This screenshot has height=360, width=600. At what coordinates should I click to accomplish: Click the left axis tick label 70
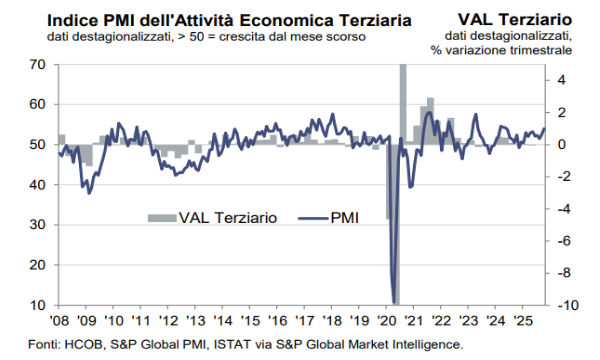click(x=38, y=64)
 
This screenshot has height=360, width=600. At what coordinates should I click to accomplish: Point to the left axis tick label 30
click(x=38, y=225)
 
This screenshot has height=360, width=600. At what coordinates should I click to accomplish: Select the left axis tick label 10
click(x=38, y=305)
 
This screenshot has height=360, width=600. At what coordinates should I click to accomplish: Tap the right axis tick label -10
click(x=565, y=305)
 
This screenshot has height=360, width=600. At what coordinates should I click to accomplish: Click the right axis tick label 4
click(x=562, y=80)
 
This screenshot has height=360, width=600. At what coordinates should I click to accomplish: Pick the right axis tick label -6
click(x=563, y=241)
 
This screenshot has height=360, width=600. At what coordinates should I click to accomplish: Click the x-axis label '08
click(x=59, y=322)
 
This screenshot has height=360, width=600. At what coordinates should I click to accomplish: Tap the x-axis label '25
click(x=520, y=322)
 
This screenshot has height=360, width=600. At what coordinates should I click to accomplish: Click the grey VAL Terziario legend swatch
click(x=161, y=216)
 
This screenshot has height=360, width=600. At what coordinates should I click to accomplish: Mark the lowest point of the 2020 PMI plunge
click(x=395, y=302)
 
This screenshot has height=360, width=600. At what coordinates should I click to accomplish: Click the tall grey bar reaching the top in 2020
click(x=403, y=100)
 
